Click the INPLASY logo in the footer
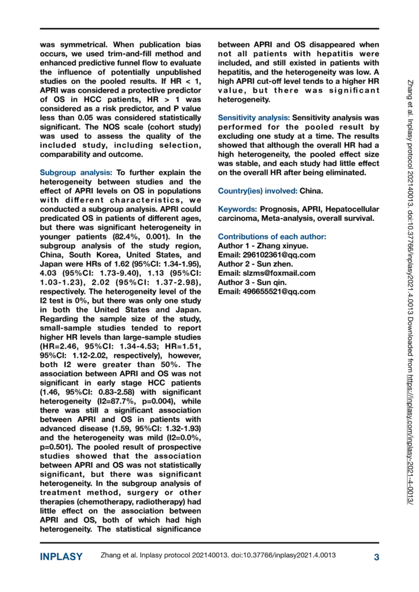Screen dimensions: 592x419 pyautogui.click(x=61, y=557)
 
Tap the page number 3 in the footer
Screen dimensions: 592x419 pyautogui.click(x=376, y=557)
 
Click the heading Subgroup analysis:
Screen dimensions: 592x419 pyautogui.click(x=76, y=173)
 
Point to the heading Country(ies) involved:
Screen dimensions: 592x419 pyautogui.click(x=257, y=191)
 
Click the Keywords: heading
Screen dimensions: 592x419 pyautogui.click(x=236, y=209)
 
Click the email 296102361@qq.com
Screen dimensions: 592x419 pyautogui.click(x=280, y=255)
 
